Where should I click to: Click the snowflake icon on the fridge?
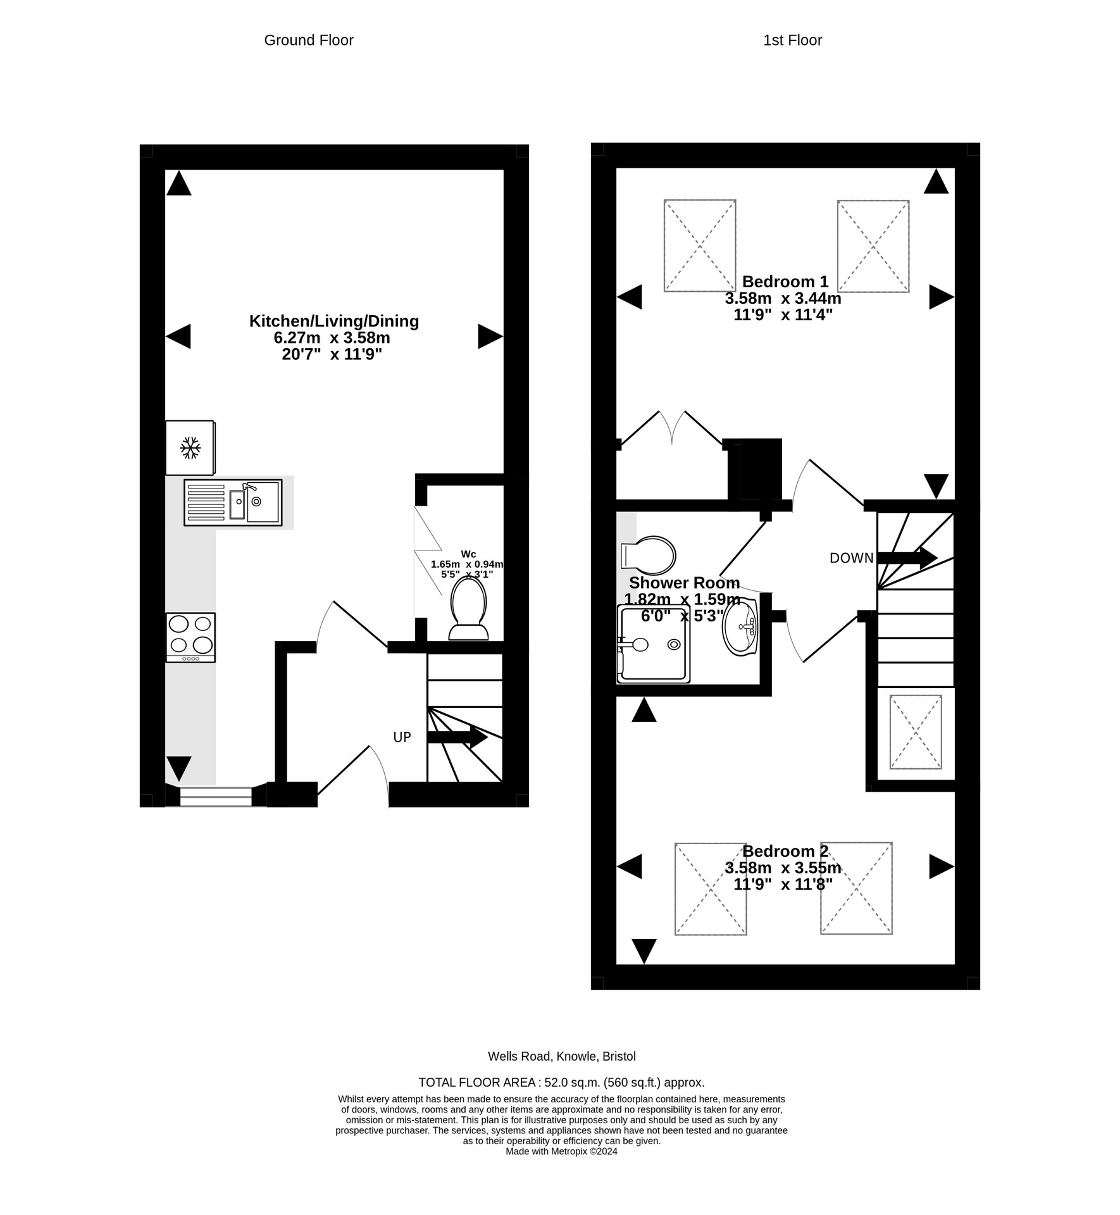190,447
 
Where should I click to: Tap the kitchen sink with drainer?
233,502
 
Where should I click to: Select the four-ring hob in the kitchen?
190,637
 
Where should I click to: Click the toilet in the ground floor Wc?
468,609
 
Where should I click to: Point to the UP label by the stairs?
402,737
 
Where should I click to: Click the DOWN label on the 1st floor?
851,558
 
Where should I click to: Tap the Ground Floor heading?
308,40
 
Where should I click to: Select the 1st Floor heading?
792,40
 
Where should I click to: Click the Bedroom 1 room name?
785,282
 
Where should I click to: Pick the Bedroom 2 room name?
785,851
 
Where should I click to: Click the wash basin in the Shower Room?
740,626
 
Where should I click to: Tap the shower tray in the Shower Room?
654,644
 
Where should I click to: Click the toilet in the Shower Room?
649,555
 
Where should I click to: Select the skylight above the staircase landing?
915,732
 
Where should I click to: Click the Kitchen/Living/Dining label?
333,321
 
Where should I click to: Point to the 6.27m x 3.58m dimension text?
332,338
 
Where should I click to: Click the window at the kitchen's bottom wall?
216,796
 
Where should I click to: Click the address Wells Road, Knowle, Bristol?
561,1056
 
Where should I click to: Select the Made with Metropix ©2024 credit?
561,1151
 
